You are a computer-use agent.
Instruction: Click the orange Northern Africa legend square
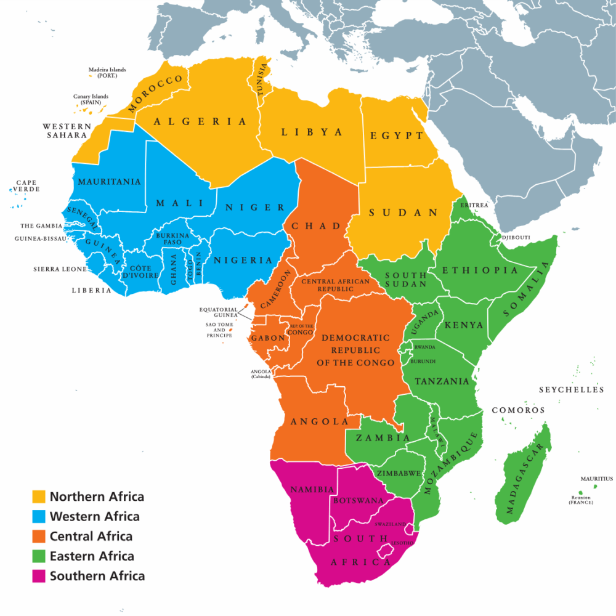[x=39, y=496]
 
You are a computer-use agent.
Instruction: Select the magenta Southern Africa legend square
[x=39, y=577]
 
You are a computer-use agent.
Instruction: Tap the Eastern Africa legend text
[x=92, y=556]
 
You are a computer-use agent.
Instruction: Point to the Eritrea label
[x=474, y=205]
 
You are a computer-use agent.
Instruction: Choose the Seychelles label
[x=572, y=390]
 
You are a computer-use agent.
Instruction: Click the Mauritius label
[x=596, y=479]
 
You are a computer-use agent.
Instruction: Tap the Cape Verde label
[x=28, y=185]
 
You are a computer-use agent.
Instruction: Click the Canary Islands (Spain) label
[x=91, y=99]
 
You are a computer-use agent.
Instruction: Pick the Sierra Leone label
[x=60, y=269]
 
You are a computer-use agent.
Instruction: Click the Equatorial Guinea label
[x=217, y=312]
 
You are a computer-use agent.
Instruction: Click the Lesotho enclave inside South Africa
[x=387, y=549]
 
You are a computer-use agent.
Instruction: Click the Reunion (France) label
[x=580, y=500]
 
